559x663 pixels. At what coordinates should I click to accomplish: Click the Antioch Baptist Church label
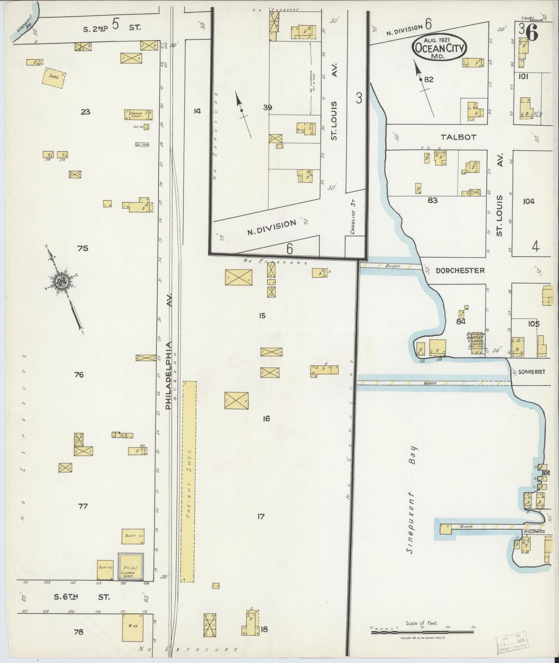click(x=477, y=341)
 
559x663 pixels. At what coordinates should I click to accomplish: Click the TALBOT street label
click(x=458, y=137)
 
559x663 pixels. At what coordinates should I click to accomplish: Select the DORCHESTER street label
click(x=460, y=271)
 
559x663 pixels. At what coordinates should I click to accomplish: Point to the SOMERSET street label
click(x=532, y=372)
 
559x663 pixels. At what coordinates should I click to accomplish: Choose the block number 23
click(x=85, y=112)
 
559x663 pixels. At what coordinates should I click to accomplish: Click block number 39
click(x=267, y=108)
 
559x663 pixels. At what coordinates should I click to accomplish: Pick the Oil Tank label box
click(x=142, y=145)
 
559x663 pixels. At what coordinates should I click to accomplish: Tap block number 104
click(x=529, y=201)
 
